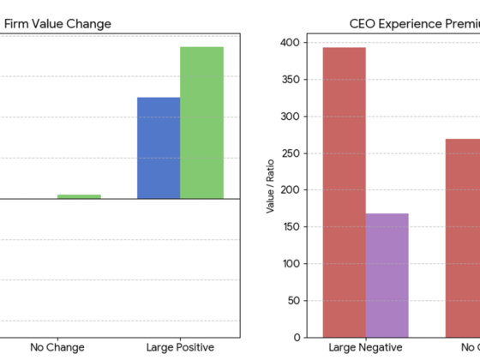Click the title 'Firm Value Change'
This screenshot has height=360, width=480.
[57, 24]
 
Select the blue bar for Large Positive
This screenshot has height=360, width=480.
[159, 147]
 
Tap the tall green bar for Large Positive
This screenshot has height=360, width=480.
[201, 123]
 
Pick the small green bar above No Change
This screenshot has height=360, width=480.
[79, 196]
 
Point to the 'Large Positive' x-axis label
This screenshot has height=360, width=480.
[180, 347]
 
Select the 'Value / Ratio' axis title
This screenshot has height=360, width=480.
[271, 189]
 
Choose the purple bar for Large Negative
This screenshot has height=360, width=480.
[387, 275]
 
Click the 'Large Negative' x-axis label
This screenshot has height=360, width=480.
[365, 347]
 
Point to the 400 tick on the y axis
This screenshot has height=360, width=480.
[290, 43]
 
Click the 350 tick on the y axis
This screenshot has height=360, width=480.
[290, 80]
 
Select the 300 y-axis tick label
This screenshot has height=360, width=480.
[290, 117]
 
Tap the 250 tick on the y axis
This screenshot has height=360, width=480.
[290, 153]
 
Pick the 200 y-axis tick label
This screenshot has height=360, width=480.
[290, 190]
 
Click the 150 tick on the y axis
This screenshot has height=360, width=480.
[290, 227]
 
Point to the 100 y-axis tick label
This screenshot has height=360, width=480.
[290, 264]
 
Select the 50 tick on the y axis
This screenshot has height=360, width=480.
[293, 301]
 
